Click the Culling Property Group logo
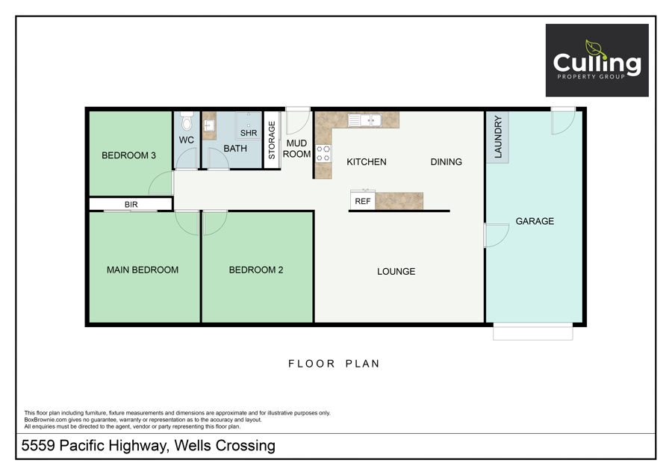597,60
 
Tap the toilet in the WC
187,120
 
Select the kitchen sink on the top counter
364,120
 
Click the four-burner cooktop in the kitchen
323,153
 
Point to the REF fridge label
363,201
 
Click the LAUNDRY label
497,137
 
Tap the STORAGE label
271,140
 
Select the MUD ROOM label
296,149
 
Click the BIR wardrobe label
131,205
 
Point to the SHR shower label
249,133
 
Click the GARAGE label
535,221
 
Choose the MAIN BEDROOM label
143,270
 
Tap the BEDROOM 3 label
128,155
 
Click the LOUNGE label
396,271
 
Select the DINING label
447,161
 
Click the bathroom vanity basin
209,125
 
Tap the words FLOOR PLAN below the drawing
334,364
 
